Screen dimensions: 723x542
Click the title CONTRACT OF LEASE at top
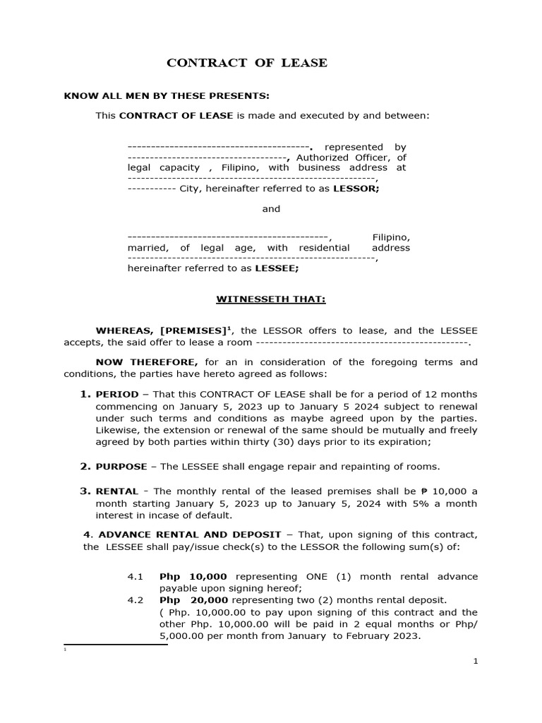[x=246, y=63]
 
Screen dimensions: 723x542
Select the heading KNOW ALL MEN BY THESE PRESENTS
[x=167, y=96]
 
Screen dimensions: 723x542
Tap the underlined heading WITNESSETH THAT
[x=270, y=299]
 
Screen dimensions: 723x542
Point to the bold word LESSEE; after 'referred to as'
[x=277, y=268]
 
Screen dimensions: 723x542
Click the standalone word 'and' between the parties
[x=271, y=209]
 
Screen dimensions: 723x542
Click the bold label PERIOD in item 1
[x=117, y=394]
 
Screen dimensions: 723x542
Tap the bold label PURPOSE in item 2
[x=121, y=467]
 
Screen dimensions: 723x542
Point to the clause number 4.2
[x=135, y=600]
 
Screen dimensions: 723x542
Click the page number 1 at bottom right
[x=476, y=661]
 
